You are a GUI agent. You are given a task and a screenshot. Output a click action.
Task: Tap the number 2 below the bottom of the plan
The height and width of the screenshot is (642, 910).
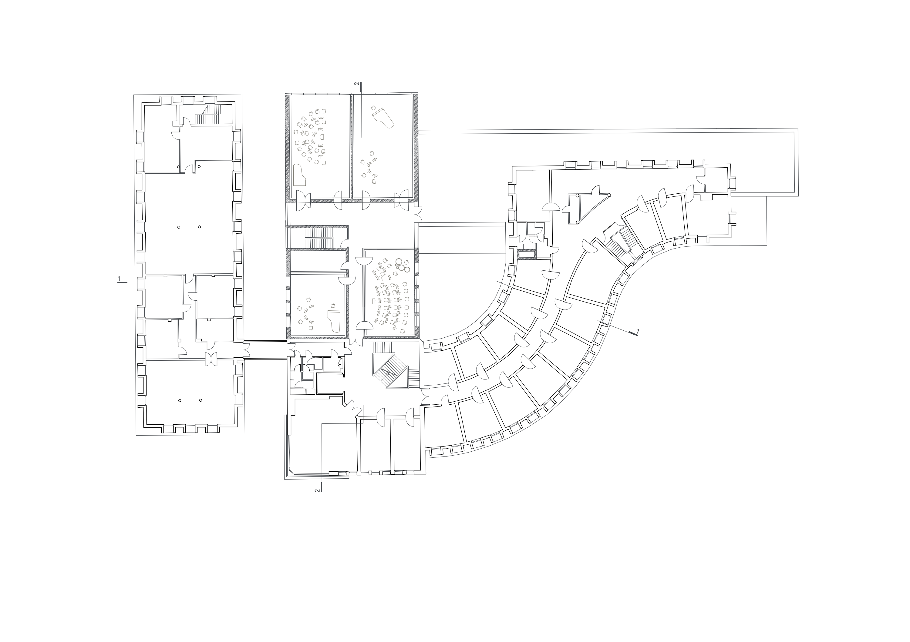click(317, 490)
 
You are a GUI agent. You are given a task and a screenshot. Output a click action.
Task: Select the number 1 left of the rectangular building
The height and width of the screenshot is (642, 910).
click(119, 279)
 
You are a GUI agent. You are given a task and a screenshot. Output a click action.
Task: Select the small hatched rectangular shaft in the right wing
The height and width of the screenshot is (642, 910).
click(526, 254)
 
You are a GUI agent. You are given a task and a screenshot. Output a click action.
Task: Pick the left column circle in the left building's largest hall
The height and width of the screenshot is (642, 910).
click(179, 227)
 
